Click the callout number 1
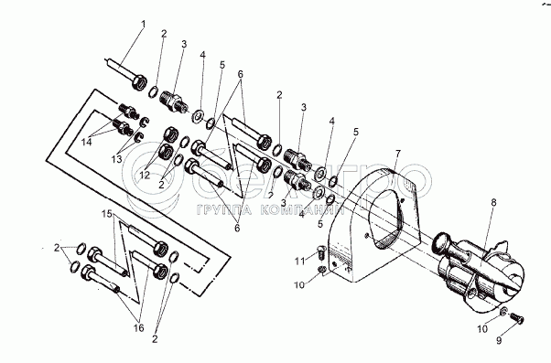[x=143, y=24]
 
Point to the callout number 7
[x=398, y=154]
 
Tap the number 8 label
[x=493, y=202]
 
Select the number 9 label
[x=499, y=340]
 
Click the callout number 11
[x=300, y=262]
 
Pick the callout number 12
[x=145, y=175]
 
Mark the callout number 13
[x=116, y=159]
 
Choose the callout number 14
[x=86, y=142]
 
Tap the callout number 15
[x=107, y=213]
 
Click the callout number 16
[x=139, y=328]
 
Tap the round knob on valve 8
[x=442, y=242]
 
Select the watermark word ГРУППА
[x=224, y=210]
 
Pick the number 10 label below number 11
[x=299, y=284]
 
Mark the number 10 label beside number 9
[x=482, y=329]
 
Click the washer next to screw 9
[x=503, y=310]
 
